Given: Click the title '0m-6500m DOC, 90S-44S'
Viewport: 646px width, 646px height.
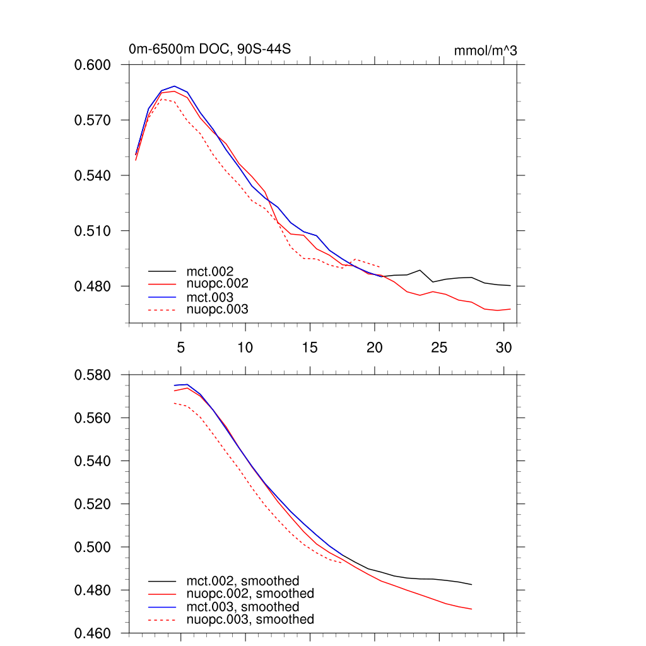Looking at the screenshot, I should tap(209, 49).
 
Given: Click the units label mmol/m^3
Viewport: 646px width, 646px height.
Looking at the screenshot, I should tap(485, 50).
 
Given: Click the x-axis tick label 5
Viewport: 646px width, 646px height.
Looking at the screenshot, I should tap(180, 347).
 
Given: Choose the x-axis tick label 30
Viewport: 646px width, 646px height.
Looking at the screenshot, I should tap(503, 347).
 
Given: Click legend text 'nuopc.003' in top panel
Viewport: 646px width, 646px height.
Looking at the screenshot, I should tap(217, 310).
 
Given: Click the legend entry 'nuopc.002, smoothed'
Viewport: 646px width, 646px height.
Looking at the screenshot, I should tap(250, 594).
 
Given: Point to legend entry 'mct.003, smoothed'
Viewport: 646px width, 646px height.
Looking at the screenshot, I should tap(242, 607).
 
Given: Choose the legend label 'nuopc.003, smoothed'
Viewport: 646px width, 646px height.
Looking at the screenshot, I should tap(250, 620).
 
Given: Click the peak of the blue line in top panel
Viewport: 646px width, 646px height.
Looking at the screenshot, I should tap(174, 86).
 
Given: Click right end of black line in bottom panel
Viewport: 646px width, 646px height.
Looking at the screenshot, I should tap(471, 585).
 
